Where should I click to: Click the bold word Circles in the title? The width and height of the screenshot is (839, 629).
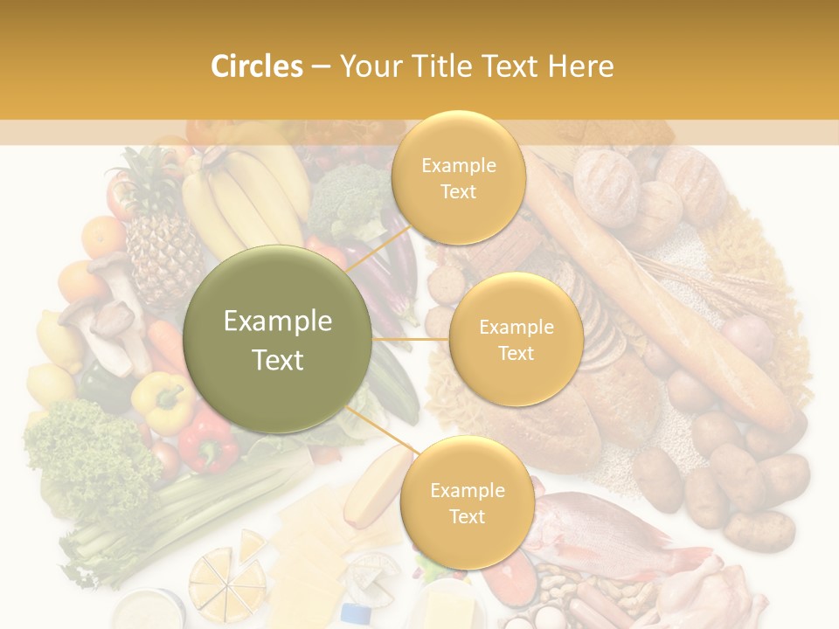(257, 66)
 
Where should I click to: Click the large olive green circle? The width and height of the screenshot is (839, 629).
(278, 339)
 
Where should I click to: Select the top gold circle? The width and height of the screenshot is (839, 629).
(458, 177)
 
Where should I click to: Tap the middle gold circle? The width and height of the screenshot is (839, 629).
(516, 339)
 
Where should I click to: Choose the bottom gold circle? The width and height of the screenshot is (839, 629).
(467, 502)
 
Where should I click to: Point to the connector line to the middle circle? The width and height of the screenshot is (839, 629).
(411, 339)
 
